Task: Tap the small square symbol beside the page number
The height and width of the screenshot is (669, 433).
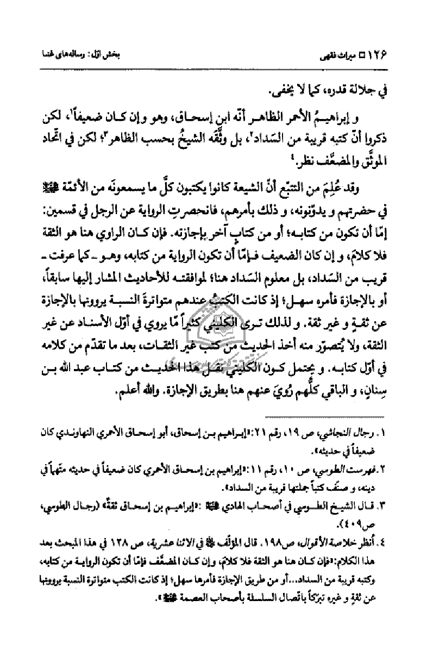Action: pyautogui.click(x=374, y=55)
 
